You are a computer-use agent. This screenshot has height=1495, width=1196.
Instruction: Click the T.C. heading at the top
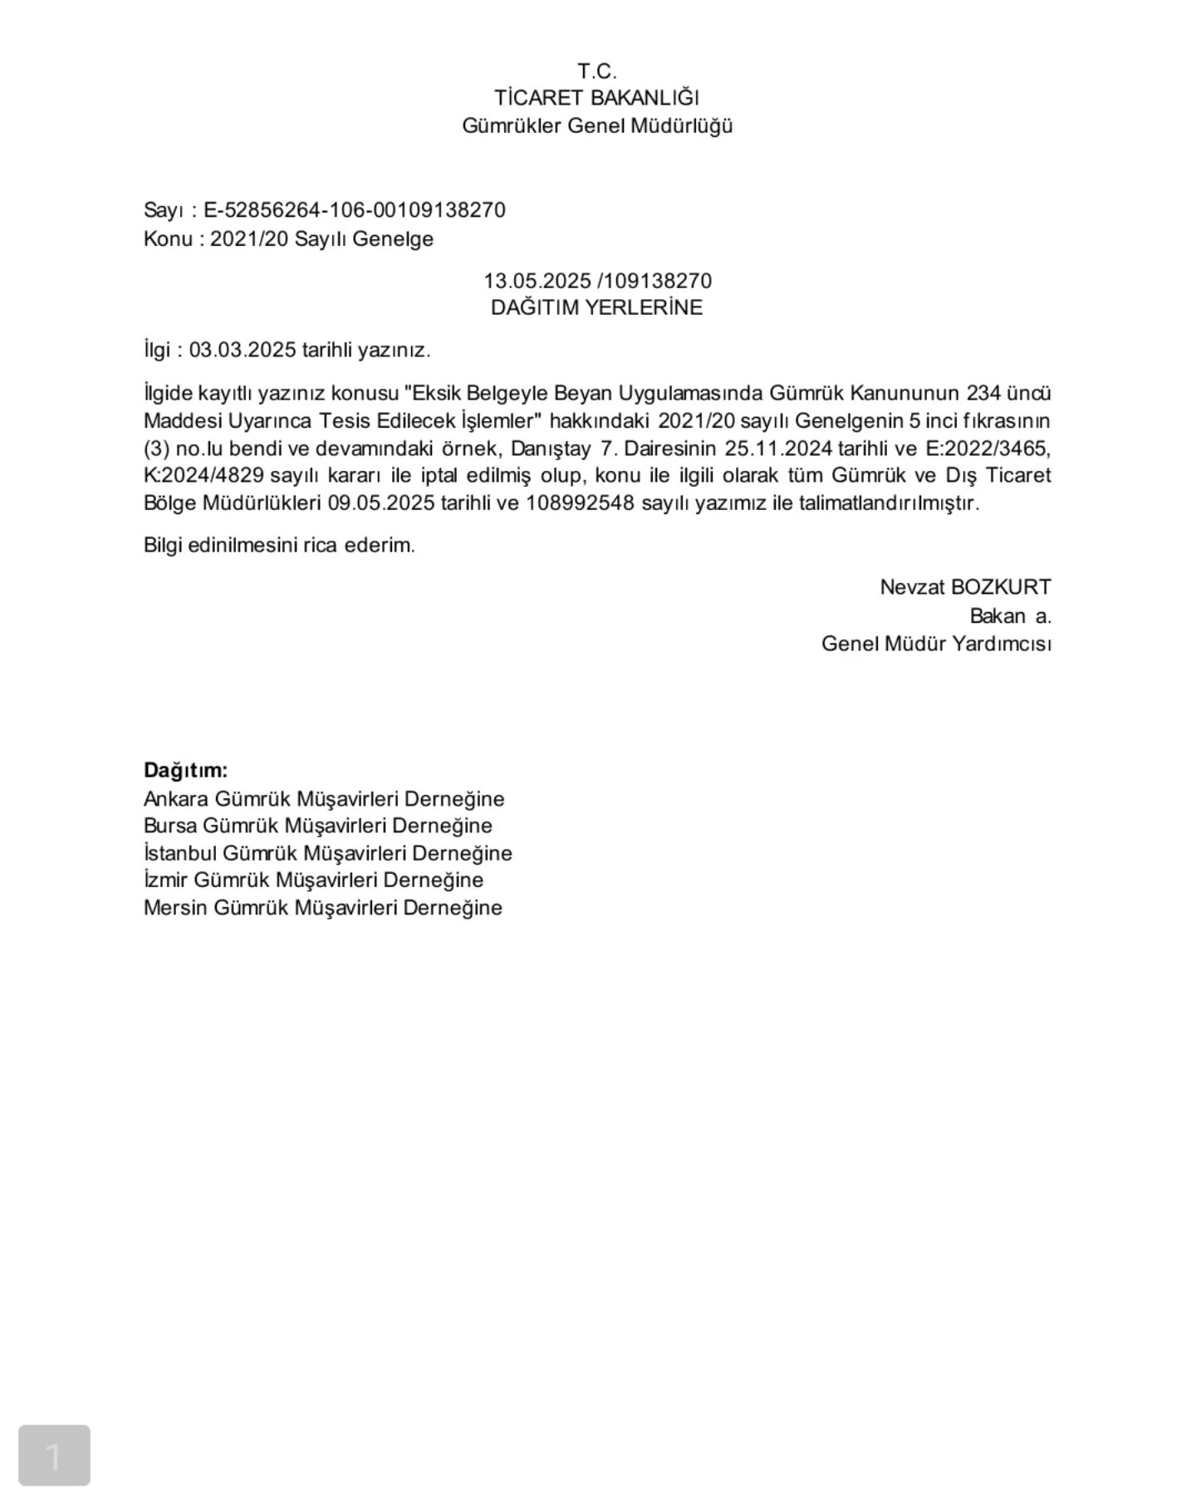(597, 71)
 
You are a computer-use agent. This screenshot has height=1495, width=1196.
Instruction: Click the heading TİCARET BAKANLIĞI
(597, 98)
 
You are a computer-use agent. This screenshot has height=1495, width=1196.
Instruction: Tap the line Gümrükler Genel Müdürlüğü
(597, 126)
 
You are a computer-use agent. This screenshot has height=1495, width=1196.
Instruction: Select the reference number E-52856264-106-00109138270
(355, 210)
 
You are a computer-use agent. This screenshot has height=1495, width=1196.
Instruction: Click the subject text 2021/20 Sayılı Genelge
(321, 239)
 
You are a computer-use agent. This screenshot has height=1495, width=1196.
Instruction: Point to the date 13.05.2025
(537, 281)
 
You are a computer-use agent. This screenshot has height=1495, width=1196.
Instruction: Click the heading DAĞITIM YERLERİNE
(596, 307)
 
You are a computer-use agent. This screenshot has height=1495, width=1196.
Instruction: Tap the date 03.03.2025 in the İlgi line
(243, 350)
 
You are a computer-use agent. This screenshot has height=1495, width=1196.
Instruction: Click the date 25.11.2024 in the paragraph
(778, 448)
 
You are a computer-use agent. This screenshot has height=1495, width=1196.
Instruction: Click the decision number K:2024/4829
(204, 476)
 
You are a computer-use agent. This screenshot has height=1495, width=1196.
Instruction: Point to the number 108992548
(580, 503)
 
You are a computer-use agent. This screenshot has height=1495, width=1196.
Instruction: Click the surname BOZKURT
(1000, 587)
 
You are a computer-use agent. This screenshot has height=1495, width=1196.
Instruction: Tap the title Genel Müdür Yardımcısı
(936, 644)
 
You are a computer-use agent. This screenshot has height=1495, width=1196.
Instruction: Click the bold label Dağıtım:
(185, 770)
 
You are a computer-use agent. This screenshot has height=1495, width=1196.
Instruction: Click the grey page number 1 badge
(54, 1456)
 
